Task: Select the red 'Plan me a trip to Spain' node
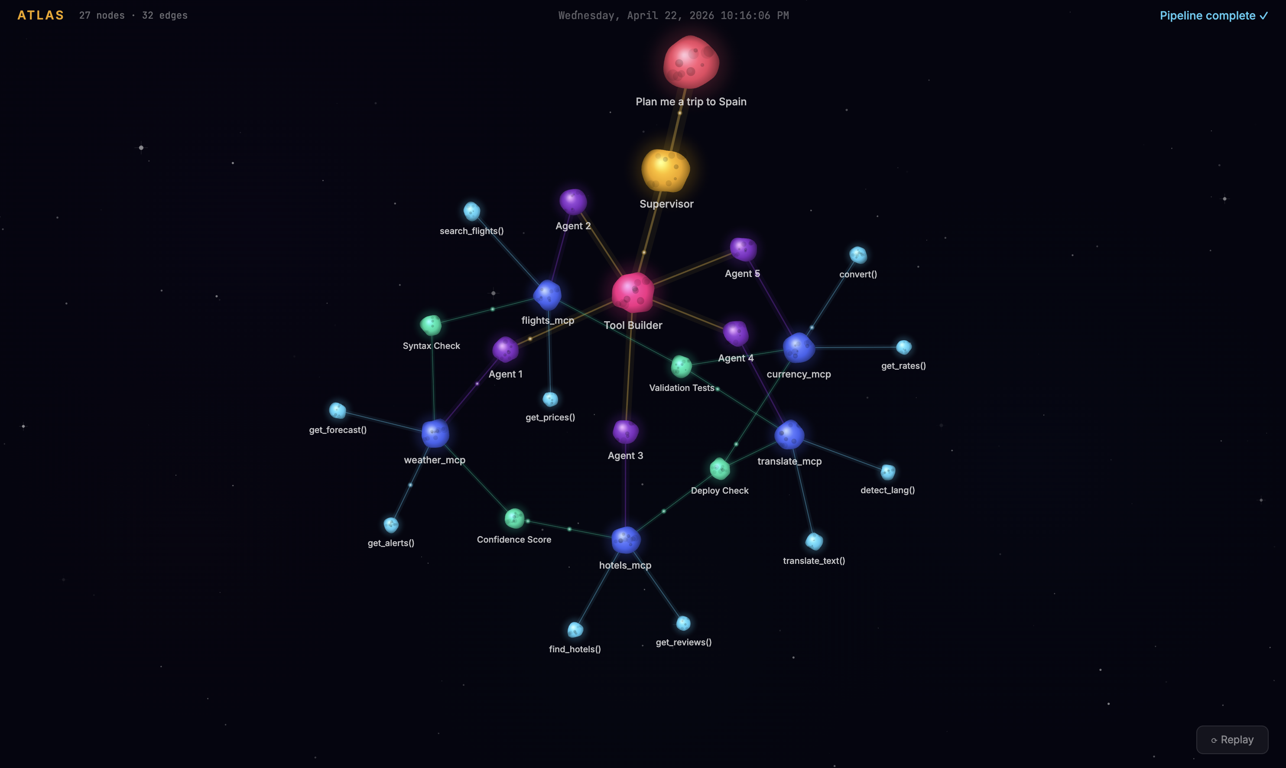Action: (691, 62)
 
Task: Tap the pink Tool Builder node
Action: (633, 293)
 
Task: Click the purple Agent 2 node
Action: (573, 202)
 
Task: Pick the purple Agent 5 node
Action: (744, 250)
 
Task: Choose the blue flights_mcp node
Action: (547, 295)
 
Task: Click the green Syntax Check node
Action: (431, 325)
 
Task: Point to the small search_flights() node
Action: (472, 211)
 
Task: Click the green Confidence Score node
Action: (515, 518)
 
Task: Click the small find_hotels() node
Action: (575, 630)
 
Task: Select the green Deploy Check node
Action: (720, 469)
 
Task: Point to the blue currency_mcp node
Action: (799, 348)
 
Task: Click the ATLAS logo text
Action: (40, 16)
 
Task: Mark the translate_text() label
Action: (814, 560)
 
